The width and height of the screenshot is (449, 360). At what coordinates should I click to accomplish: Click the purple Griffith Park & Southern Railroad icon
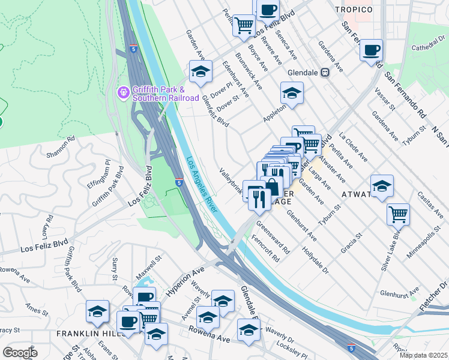pyautogui.click(x=123, y=92)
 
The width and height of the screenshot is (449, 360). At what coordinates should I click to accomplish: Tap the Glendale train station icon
pyautogui.click(x=325, y=73)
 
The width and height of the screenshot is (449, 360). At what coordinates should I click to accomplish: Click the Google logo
pyautogui.click(x=20, y=353)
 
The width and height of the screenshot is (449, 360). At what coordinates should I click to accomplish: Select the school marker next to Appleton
pyautogui.click(x=292, y=94)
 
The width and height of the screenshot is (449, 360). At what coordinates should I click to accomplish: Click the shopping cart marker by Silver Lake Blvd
pyautogui.click(x=398, y=214)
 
